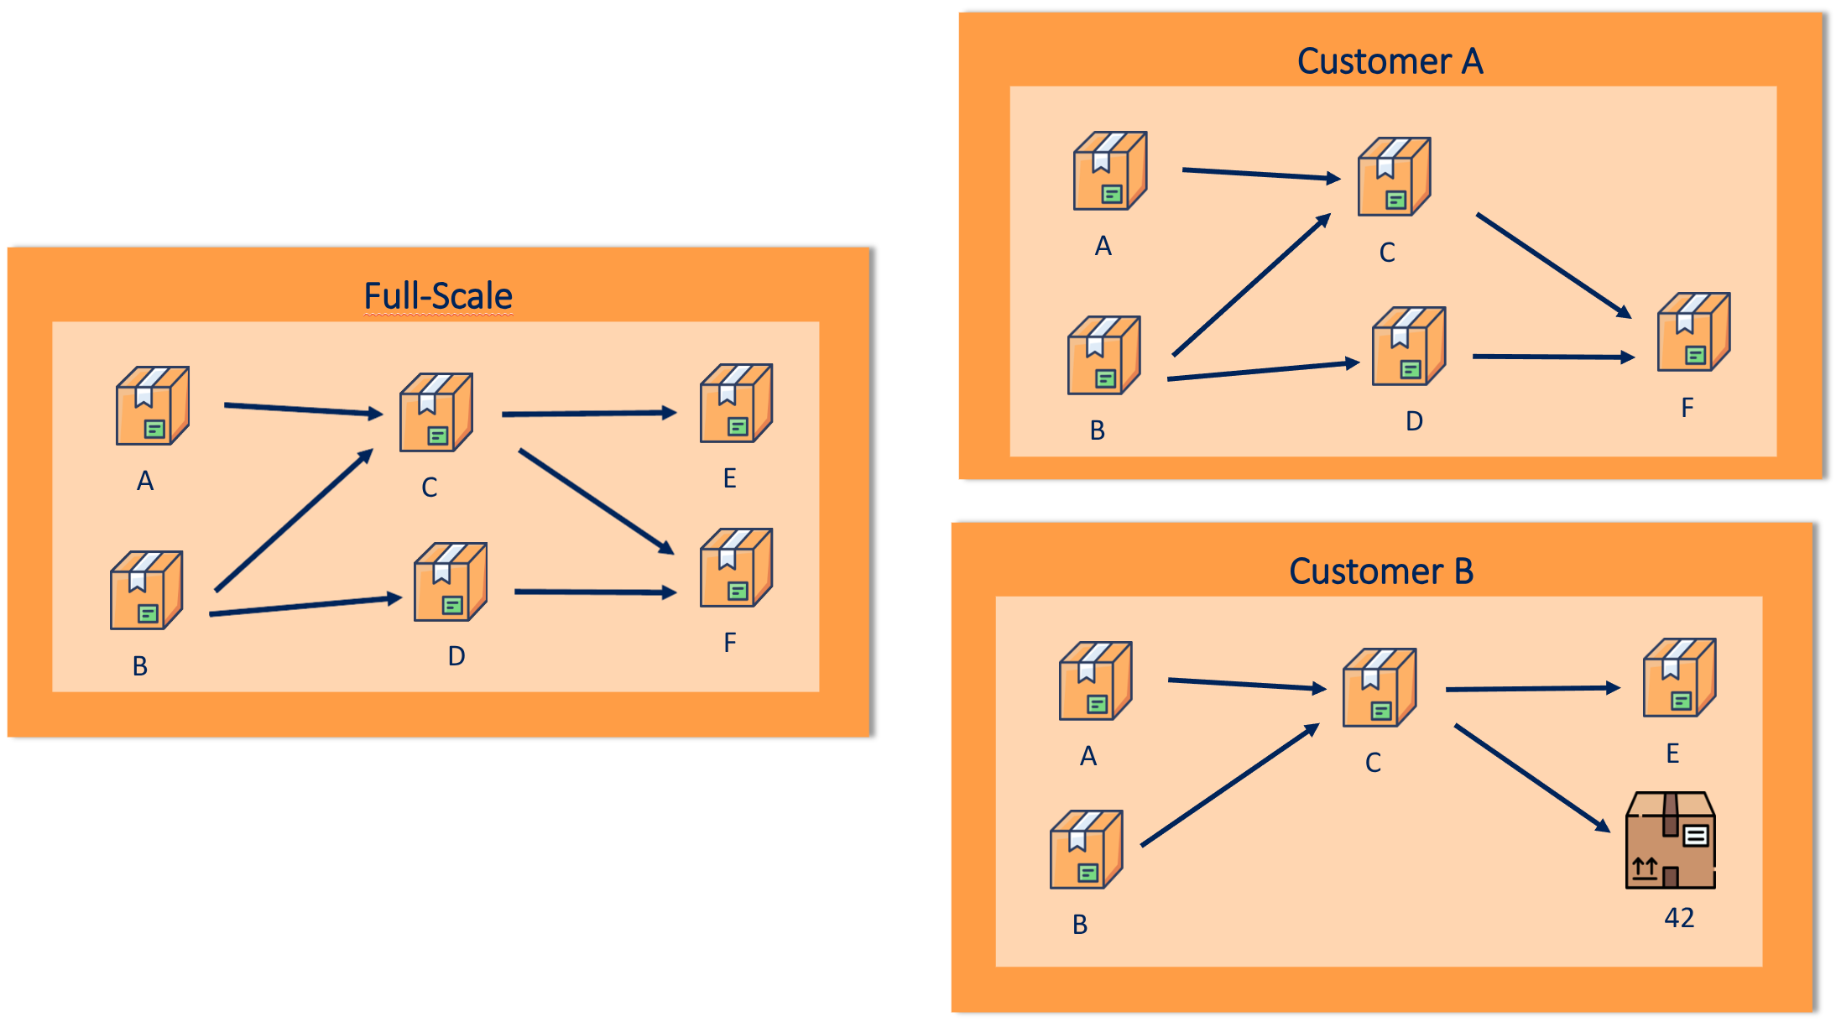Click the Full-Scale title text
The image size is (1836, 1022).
click(437, 296)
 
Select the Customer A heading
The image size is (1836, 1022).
click(1390, 61)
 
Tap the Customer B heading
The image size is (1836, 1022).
click(1381, 571)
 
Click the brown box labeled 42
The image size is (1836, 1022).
click(1670, 840)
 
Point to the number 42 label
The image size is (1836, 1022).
click(1679, 918)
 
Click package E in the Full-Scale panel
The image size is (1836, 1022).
click(736, 404)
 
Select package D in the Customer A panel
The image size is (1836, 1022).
click(1408, 347)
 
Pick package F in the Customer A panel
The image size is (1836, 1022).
click(1693, 332)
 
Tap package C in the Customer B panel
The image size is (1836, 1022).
click(1379, 688)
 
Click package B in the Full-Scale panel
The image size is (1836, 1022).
click(146, 591)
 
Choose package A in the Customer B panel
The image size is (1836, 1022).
click(1095, 681)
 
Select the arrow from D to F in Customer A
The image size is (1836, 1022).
click(1552, 357)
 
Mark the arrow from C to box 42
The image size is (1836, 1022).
click(1531, 778)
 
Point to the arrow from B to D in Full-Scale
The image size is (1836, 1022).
click(305, 606)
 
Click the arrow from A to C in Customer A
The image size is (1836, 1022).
click(1260, 175)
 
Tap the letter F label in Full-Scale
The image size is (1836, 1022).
click(730, 643)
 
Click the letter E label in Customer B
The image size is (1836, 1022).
click(1672, 753)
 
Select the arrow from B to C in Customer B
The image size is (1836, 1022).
click(1229, 785)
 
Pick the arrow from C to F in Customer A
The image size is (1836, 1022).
click(1552, 265)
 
